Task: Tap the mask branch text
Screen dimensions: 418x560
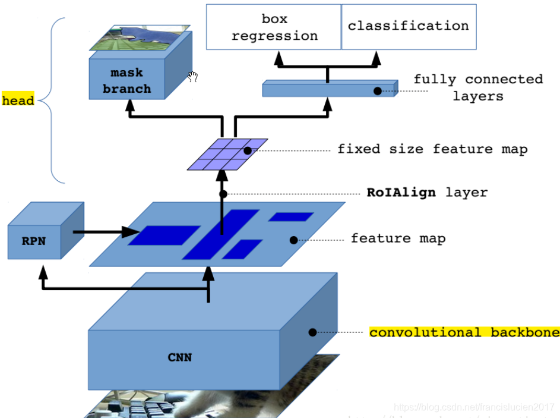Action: pyautogui.click(x=126, y=81)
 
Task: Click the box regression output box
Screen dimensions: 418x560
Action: pyautogui.click(x=274, y=27)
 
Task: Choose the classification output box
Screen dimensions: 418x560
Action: pyautogui.click(x=409, y=26)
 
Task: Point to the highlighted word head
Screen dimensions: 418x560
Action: pyautogui.click(x=18, y=100)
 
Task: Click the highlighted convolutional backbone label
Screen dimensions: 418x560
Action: pyautogui.click(x=464, y=332)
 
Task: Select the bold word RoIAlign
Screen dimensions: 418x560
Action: pyautogui.click(x=401, y=193)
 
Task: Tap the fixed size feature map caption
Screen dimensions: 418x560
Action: pyautogui.click(x=432, y=149)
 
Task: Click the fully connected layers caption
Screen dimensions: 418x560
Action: pyautogui.click(x=477, y=87)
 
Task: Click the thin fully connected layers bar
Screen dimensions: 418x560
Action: pyautogui.click(x=327, y=90)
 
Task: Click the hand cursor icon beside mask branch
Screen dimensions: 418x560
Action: pyautogui.click(x=192, y=76)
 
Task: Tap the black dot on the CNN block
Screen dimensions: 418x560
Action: pyautogui.click(x=312, y=332)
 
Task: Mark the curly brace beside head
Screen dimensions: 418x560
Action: pyautogui.click(x=54, y=100)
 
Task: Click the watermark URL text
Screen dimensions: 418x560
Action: pyautogui.click(x=475, y=408)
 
